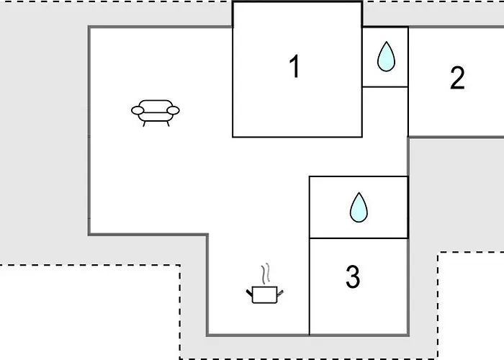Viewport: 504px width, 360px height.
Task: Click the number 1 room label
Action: tap(295, 66)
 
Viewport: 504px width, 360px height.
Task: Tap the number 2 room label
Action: tap(457, 78)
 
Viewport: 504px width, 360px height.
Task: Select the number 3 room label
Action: tap(353, 276)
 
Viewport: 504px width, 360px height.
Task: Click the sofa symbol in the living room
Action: tap(156, 113)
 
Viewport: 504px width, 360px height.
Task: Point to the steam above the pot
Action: tap(266, 274)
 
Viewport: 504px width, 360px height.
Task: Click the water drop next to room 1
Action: tap(386, 57)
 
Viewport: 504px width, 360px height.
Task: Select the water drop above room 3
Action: tap(359, 207)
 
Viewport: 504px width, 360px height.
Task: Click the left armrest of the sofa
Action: tap(138, 110)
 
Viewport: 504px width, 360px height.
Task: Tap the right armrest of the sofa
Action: tap(174, 110)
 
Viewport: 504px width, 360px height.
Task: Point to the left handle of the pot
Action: tap(249, 293)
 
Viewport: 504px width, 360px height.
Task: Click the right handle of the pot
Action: tap(280, 293)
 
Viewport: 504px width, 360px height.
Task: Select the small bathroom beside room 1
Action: tap(385, 57)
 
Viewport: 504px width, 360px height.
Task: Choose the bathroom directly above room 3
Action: tap(359, 207)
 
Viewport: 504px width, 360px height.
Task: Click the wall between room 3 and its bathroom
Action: tap(359, 238)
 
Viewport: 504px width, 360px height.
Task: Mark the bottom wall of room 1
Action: tap(297, 138)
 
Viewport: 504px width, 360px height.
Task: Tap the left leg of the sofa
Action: tap(144, 123)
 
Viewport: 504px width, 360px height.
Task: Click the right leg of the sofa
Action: tap(168, 123)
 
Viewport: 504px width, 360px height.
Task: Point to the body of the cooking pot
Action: tap(265, 294)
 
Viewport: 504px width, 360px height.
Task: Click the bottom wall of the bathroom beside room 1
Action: tap(385, 87)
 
